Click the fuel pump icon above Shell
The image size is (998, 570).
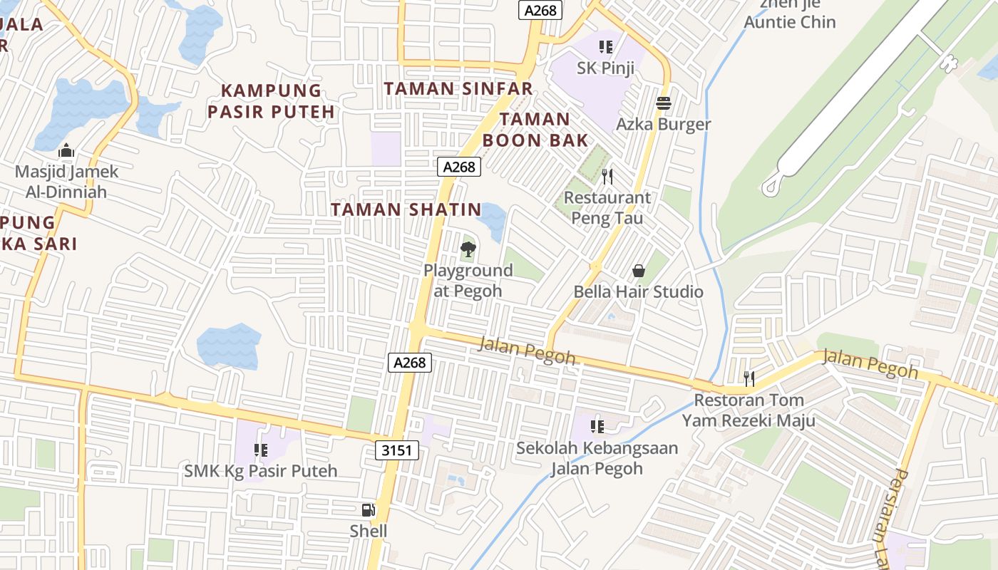pos(368,509)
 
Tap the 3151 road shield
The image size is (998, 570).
pos(396,450)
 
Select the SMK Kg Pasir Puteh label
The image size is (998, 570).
pos(261,471)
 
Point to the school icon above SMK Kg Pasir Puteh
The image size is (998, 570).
pos(260,450)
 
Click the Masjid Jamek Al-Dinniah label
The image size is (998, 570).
pos(66,182)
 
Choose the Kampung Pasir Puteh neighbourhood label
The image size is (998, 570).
pos(271,101)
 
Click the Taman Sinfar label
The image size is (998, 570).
pos(458,88)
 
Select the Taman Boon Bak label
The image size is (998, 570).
pos(535,129)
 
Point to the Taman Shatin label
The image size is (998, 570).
pos(406,209)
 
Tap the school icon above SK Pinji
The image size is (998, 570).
pos(606,47)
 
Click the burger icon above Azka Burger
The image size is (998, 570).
pos(664,103)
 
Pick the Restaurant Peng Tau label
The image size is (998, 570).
pos(607,207)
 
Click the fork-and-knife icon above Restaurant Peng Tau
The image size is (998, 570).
pos(607,176)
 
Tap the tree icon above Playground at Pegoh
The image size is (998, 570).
pos(468,249)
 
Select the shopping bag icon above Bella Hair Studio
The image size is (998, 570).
pos(638,271)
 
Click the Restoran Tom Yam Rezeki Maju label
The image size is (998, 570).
pos(748,410)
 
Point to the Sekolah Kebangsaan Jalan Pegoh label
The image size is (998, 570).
pos(597,458)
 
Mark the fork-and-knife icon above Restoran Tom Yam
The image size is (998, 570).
pos(748,378)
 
